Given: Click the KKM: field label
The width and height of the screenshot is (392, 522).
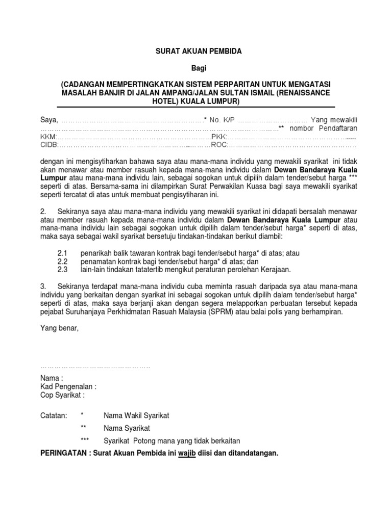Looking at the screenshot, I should click(x=48, y=138).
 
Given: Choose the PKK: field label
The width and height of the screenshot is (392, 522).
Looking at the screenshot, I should click(x=218, y=138).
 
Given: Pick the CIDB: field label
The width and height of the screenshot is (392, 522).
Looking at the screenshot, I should click(x=49, y=146).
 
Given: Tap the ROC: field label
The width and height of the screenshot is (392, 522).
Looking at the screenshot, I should click(x=218, y=146).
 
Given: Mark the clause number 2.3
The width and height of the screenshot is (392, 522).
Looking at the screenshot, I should click(x=62, y=270).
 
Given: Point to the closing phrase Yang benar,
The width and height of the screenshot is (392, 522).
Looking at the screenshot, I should click(x=59, y=329).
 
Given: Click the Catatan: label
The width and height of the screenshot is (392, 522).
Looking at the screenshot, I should click(x=53, y=415).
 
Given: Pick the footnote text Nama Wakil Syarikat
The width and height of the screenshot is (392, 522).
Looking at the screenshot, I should click(x=136, y=415).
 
